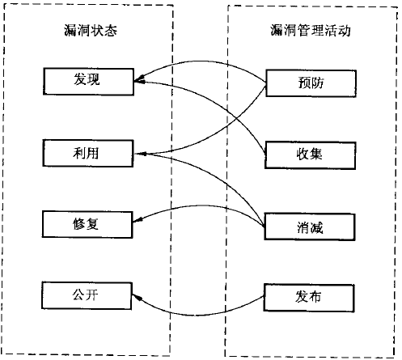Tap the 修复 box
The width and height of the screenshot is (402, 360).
pyautogui.click(x=87, y=222)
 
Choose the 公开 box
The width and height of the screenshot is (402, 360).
pyautogui.click(x=87, y=293)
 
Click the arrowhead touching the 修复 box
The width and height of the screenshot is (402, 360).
pyautogui.click(x=137, y=221)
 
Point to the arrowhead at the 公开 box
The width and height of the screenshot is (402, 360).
pyautogui.click(x=137, y=299)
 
